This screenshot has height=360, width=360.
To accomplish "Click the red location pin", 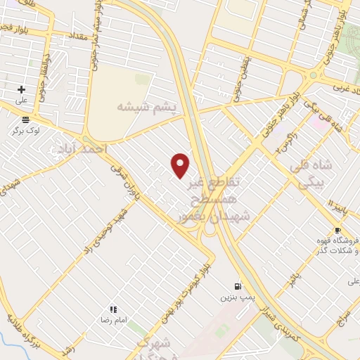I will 181,165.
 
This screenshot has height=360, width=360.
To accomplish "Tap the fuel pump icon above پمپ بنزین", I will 237,286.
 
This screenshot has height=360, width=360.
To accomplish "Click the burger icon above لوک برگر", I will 25,120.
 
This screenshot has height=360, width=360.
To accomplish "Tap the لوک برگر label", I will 26,130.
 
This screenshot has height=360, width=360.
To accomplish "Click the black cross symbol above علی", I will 21,89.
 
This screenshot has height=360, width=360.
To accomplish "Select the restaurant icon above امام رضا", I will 112,309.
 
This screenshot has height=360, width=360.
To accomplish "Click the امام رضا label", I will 112,319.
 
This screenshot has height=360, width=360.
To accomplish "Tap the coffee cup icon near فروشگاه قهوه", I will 338,230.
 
